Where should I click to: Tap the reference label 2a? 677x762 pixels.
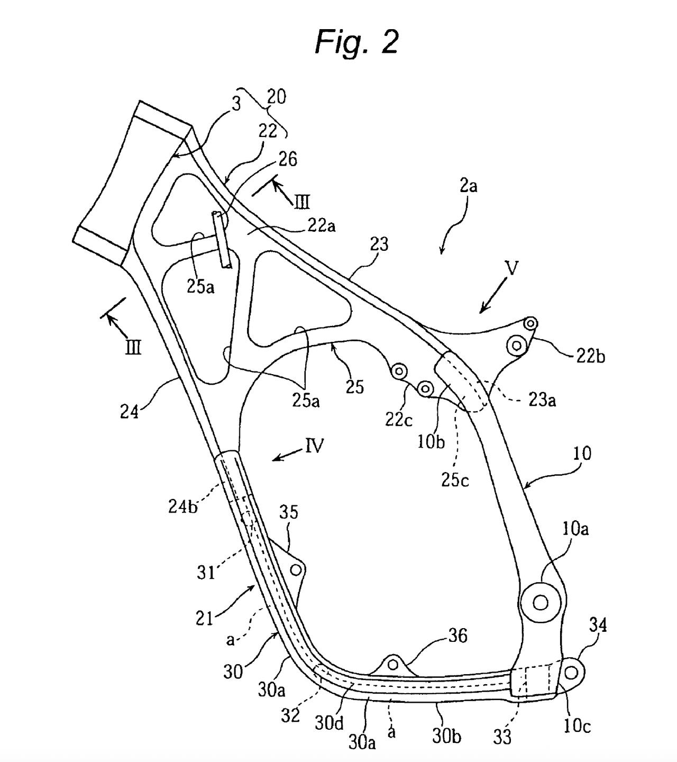468,186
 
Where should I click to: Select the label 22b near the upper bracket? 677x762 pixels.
590,356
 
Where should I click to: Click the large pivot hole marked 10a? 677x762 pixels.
540,602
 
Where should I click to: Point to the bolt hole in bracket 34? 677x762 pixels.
571,672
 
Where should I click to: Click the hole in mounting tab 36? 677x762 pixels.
393,664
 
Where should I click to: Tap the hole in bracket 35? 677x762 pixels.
296,569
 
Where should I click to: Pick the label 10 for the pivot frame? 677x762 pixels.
582,453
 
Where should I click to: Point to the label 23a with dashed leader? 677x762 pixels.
542,400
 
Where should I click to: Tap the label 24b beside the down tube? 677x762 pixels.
183,506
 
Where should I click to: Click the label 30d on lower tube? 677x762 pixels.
329,723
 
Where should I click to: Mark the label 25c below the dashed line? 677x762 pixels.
455,479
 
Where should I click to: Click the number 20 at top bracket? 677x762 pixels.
276,97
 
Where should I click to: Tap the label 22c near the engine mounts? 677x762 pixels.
399,419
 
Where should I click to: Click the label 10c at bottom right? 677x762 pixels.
577,726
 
